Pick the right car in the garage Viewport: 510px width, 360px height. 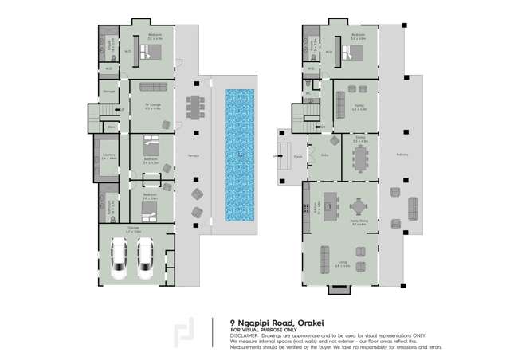coord(145,256)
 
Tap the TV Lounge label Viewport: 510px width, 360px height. coord(151,105)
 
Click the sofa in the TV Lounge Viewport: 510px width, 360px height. coord(152,87)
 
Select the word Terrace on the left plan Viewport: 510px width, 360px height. coord(182,155)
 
